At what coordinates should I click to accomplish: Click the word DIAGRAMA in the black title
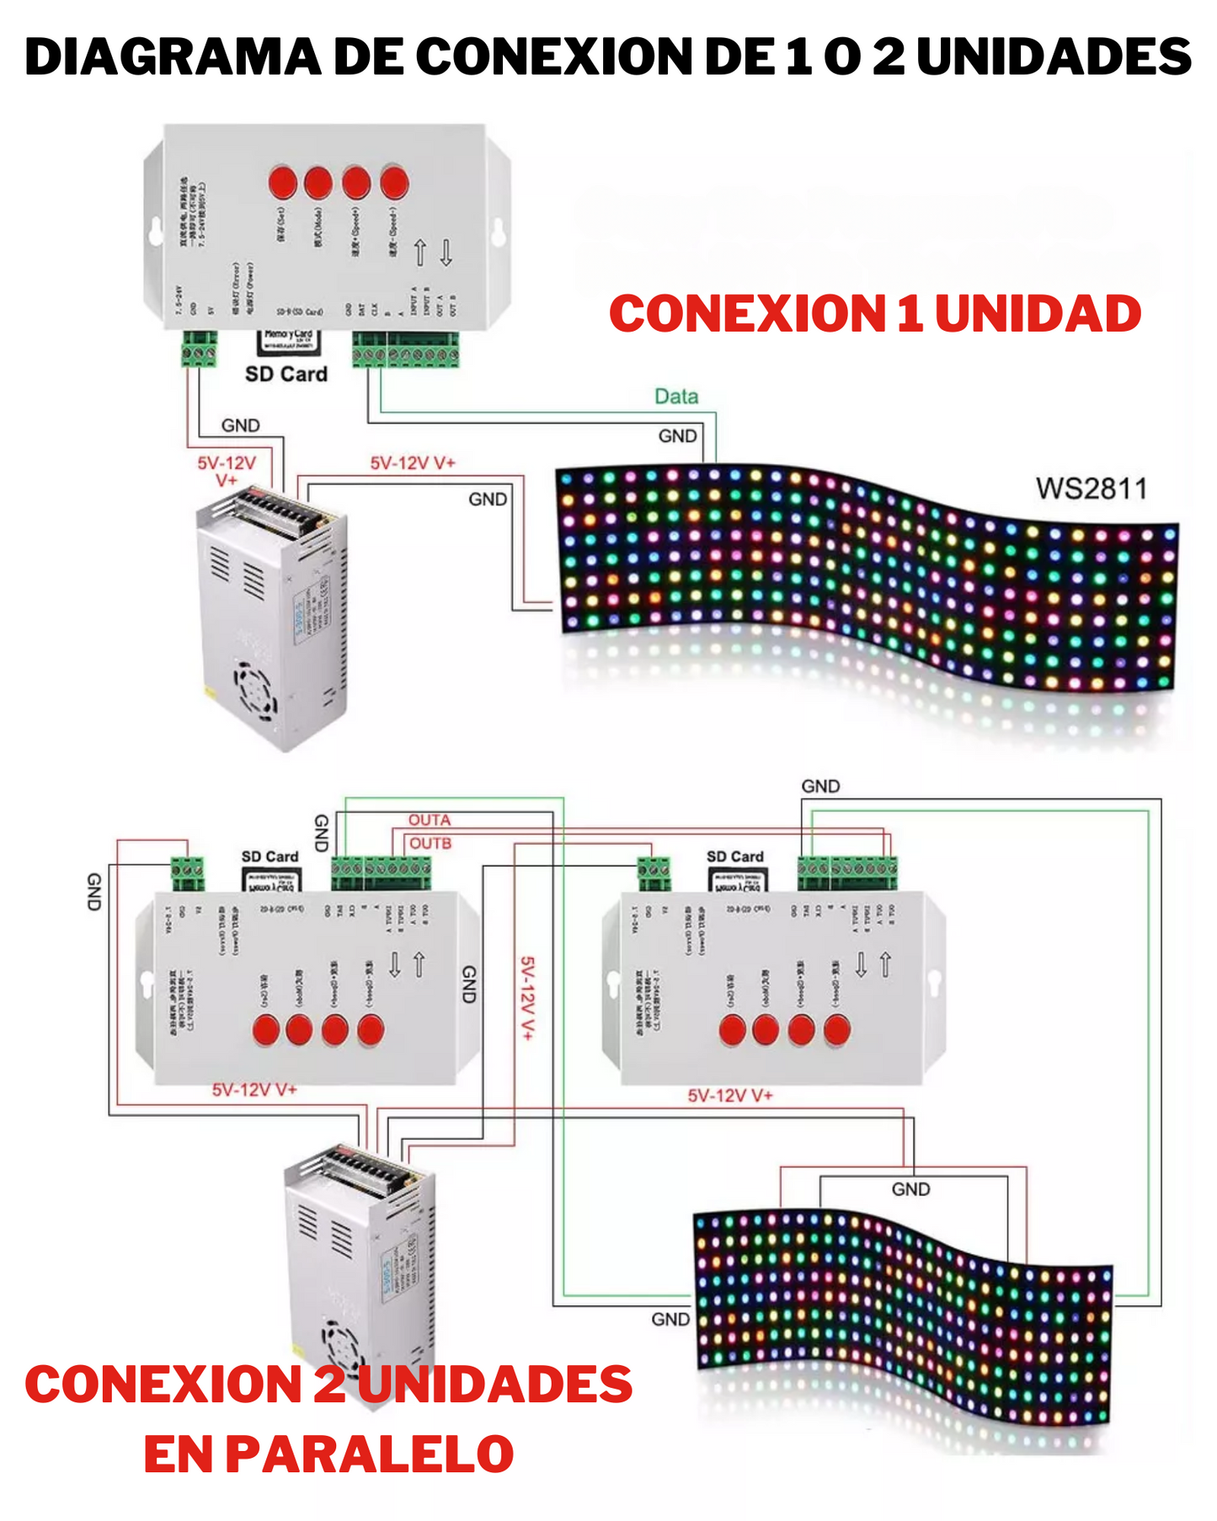[x=173, y=57]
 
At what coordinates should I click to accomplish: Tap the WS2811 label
[x=1092, y=488]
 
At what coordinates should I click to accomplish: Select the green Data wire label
[x=676, y=396]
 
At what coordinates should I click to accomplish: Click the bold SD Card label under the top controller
[x=286, y=374]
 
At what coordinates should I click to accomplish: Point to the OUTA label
[x=430, y=819]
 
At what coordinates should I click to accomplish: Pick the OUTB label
[x=430, y=843]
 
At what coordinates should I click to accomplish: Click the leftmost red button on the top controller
[x=283, y=182]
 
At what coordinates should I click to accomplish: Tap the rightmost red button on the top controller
[x=394, y=182]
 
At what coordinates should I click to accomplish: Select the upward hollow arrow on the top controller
[x=420, y=252]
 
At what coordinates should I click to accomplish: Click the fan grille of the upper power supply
[x=255, y=691]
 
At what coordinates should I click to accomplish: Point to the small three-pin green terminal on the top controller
[x=200, y=349]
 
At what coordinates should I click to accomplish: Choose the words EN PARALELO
[x=328, y=1454]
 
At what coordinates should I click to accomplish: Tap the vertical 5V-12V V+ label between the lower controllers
[x=527, y=998]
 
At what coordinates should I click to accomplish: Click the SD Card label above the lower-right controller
[x=734, y=857]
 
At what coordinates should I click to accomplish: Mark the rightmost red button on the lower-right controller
[x=836, y=1029]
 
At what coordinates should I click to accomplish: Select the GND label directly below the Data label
[x=677, y=436]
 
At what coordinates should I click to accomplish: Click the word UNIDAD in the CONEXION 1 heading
[x=1038, y=313]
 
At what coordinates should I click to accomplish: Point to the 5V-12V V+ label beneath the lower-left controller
[x=254, y=1090]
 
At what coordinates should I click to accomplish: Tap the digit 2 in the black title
[x=889, y=57]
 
